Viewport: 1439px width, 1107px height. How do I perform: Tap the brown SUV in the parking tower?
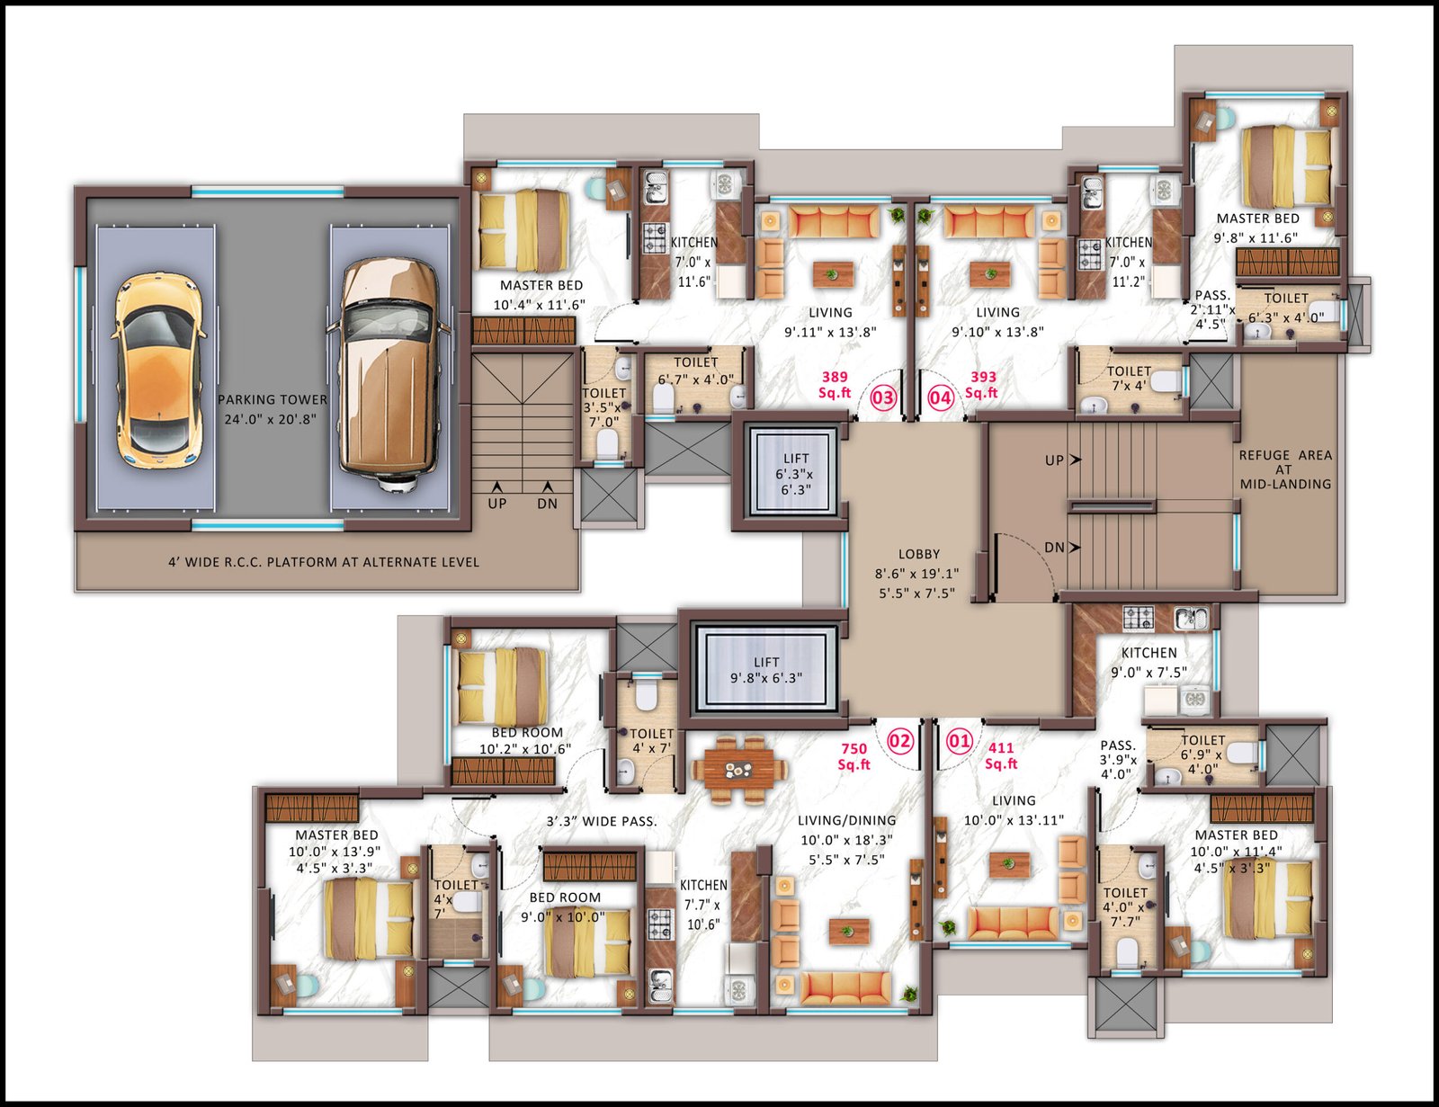pyautogui.click(x=389, y=374)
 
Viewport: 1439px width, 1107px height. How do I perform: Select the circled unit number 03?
pyautogui.click(x=883, y=397)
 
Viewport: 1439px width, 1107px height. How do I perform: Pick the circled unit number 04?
pyautogui.click(x=941, y=397)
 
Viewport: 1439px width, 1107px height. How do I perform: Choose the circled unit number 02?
pyautogui.click(x=900, y=741)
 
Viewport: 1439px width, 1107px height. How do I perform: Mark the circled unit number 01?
pyautogui.click(x=960, y=741)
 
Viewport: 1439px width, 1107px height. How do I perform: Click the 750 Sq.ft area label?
pyautogui.click(x=854, y=757)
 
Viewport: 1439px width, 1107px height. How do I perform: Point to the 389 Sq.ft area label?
pyautogui.click(x=835, y=385)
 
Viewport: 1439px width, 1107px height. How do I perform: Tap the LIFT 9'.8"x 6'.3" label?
pyautogui.click(x=766, y=670)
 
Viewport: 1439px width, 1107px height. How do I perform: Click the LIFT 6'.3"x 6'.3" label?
pyautogui.click(x=795, y=474)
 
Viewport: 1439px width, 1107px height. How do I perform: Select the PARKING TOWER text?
pyautogui.click(x=273, y=400)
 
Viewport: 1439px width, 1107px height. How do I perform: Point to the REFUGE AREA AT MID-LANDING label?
pyautogui.click(x=1285, y=469)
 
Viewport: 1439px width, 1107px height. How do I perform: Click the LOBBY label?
pyautogui.click(x=919, y=554)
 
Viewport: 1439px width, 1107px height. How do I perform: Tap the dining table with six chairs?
pyautogui.click(x=739, y=770)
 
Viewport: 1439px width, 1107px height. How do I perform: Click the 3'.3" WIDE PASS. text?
pyautogui.click(x=602, y=822)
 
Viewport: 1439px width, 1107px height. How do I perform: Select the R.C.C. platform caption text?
pyautogui.click(x=323, y=562)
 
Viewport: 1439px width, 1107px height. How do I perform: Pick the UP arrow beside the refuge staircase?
pyautogui.click(x=1076, y=460)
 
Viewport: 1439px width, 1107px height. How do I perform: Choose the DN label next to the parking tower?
pyautogui.click(x=547, y=504)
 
